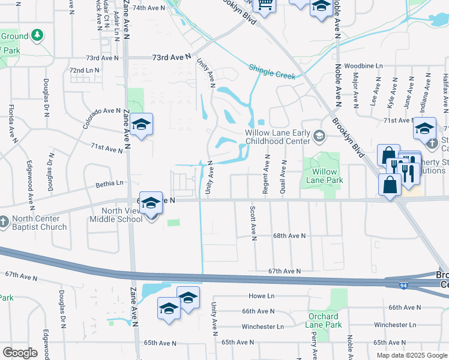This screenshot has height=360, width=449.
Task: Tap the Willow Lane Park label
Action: [322, 175]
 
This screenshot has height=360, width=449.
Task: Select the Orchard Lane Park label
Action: [325, 320]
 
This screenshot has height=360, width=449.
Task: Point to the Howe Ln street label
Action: [261, 296]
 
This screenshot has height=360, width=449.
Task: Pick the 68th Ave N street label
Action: [291, 236]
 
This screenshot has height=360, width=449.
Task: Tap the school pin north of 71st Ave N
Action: [141, 125]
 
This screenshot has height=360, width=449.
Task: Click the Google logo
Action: [20, 353]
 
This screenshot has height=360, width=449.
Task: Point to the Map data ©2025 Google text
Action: [411, 355]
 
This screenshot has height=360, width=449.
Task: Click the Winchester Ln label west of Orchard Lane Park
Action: [262, 326]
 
